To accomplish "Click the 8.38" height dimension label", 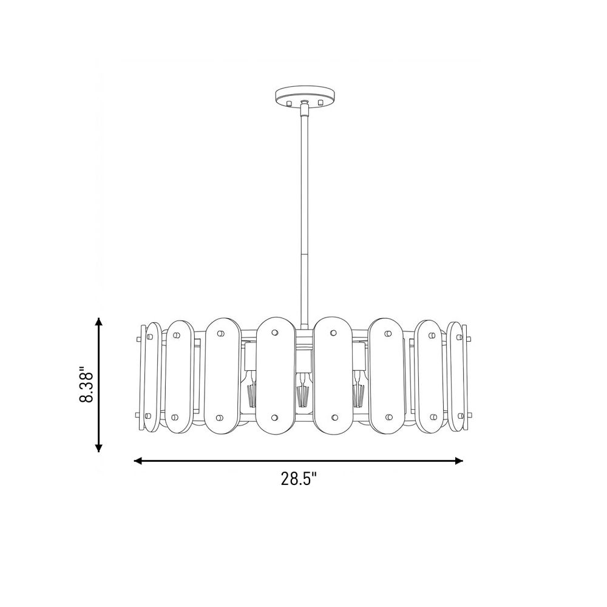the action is (x=87, y=384).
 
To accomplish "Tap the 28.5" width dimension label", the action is (x=299, y=479).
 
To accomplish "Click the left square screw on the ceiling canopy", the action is (x=288, y=103).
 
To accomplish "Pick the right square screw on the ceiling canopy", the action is (x=320, y=103).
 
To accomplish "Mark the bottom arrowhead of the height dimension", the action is (x=99, y=447).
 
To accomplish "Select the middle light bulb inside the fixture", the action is (x=302, y=390).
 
